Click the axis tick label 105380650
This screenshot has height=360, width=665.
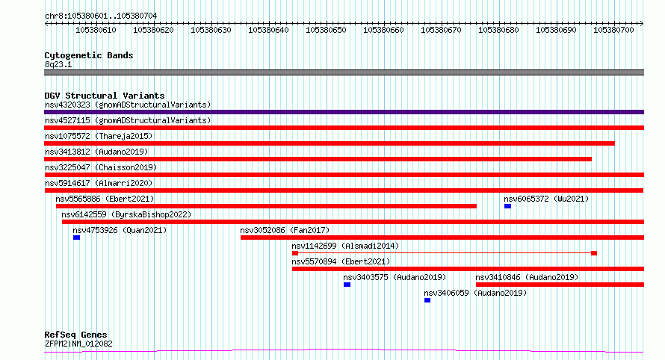(326, 30)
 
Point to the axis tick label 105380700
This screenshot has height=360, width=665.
(613, 30)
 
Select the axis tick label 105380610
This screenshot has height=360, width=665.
(96, 30)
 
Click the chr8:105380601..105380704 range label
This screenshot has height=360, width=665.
(101, 16)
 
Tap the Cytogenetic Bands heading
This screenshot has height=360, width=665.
(89, 55)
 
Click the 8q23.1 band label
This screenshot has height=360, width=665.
(58, 64)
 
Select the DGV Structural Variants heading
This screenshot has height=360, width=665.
(105, 96)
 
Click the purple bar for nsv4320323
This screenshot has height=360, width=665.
(344, 112)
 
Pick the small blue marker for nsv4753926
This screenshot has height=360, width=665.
(76, 238)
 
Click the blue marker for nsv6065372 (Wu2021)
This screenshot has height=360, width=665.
(507, 206)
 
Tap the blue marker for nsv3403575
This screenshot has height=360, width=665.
(347, 285)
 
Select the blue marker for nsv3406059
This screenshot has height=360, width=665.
(427, 300)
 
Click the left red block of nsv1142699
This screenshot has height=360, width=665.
(295, 253)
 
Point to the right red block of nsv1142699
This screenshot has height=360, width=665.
(594, 253)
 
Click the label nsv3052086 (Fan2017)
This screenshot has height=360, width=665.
(285, 230)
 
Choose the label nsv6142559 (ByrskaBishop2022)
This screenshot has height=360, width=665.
(126, 214)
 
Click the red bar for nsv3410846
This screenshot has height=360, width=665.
(560, 285)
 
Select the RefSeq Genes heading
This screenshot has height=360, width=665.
(75, 335)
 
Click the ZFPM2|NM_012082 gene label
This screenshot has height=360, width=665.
(78, 344)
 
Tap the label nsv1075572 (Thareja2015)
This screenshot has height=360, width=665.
(99, 136)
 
